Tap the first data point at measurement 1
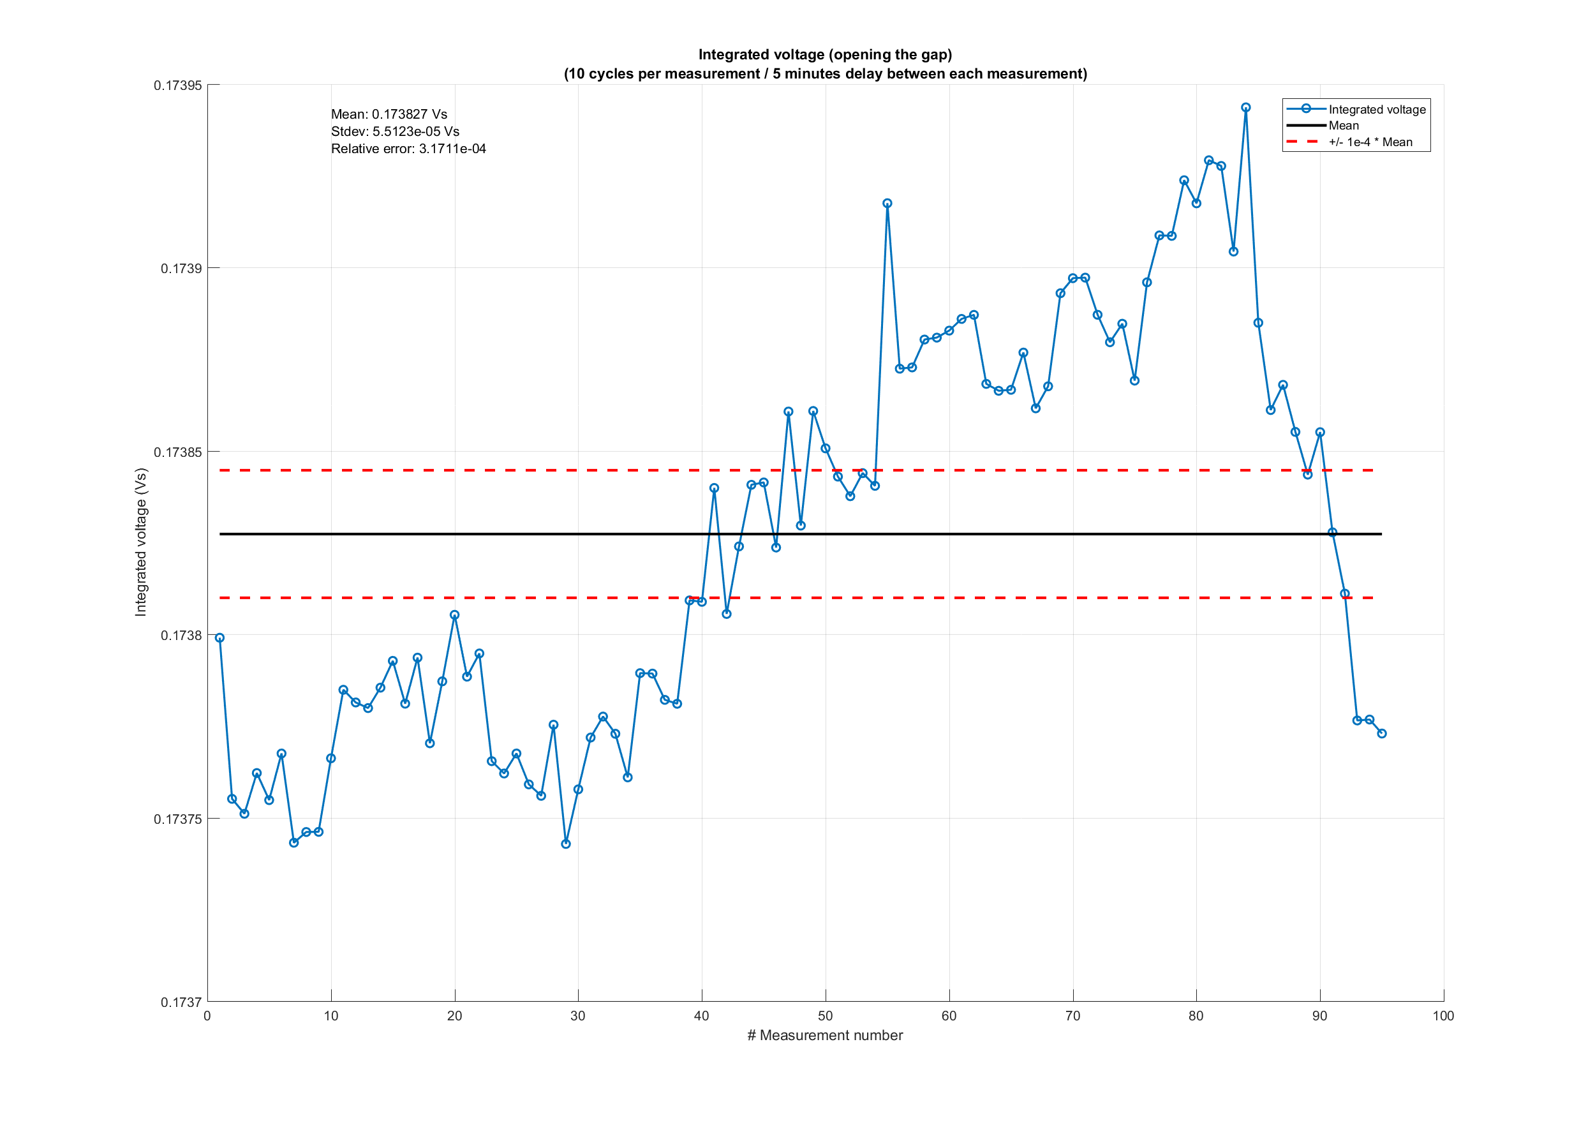click(219, 638)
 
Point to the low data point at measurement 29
click(565, 844)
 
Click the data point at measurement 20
click(454, 615)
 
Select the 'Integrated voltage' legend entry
click(1376, 109)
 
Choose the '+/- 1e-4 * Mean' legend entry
click(1370, 142)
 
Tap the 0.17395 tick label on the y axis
click(178, 86)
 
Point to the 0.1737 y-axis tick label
click(181, 1002)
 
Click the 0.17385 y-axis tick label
click(178, 452)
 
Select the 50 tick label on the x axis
click(826, 1016)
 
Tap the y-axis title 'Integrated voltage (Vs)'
click(141, 542)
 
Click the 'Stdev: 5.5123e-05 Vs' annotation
click(394, 131)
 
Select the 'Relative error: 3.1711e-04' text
click(408, 149)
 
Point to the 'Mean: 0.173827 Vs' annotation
click(389, 114)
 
